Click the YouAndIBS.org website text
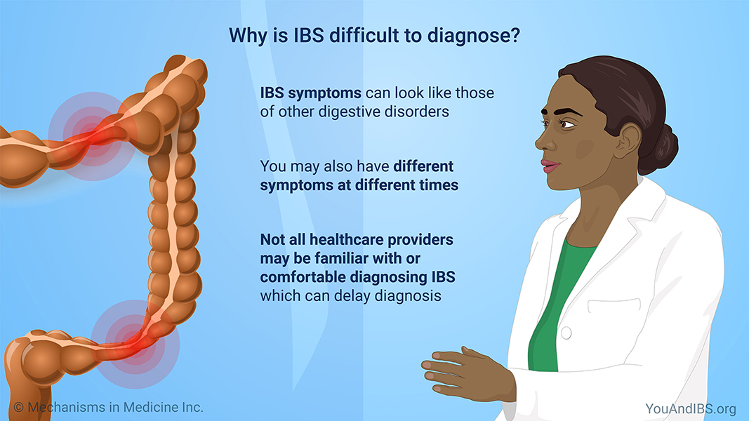click(691, 408)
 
